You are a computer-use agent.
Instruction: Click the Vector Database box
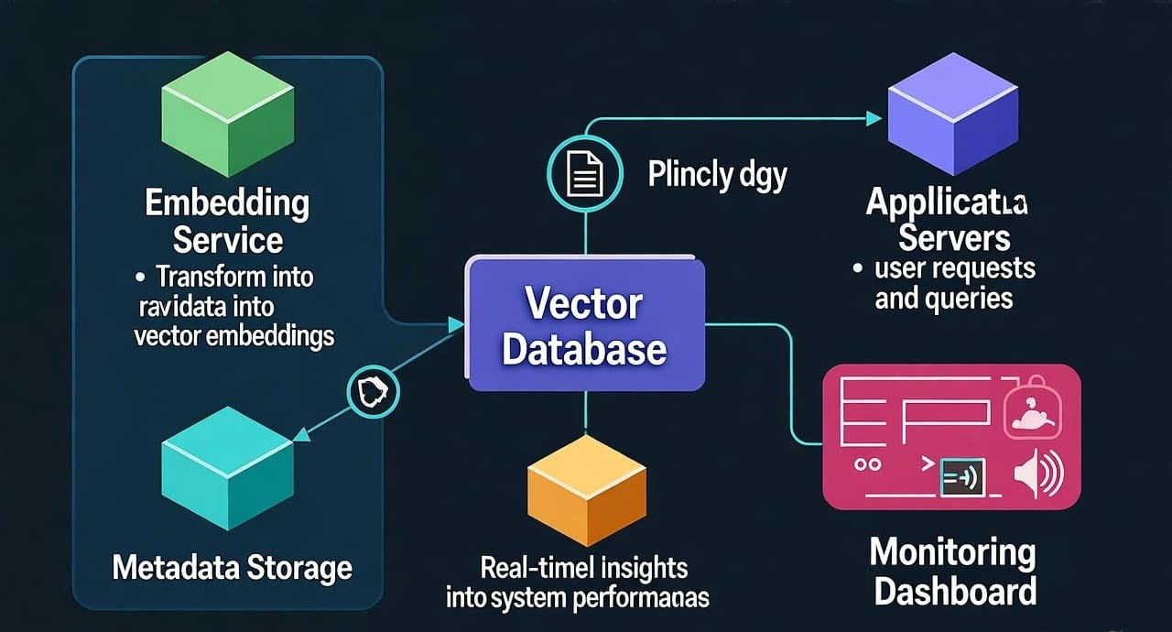pos(585,325)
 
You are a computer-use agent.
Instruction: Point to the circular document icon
pos(584,173)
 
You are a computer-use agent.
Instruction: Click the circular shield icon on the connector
pos(374,392)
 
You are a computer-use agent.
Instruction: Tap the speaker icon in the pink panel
pos(1040,474)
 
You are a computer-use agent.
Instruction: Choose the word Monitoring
pos(952,553)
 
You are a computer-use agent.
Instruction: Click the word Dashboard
pos(955,591)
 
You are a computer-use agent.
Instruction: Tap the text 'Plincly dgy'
pos(717,174)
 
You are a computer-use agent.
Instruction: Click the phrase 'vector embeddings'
pos(233,336)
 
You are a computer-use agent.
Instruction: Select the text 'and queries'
pos(944,299)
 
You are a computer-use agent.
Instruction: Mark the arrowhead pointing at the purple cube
pos(874,118)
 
